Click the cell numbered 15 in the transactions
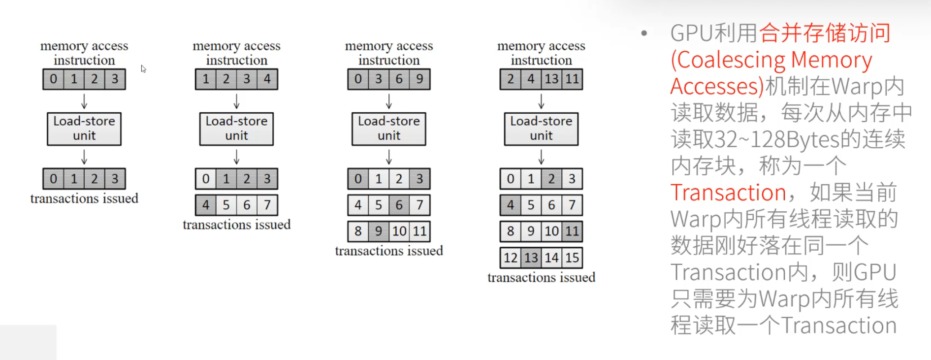pos(572,258)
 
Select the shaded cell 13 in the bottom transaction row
pos(531,258)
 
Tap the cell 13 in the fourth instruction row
pos(551,79)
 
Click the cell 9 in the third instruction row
pos(419,79)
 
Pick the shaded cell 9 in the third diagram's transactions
pos(379,231)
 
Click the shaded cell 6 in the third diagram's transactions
pos(399,205)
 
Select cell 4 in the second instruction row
pos(267,79)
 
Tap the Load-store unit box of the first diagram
pos(84,129)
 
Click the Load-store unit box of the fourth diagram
pos(541,129)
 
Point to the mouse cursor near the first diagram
pos(143,69)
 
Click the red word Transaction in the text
pos(728,192)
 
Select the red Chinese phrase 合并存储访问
pos(825,33)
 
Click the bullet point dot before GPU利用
pos(644,33)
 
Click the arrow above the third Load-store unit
pos(389,101)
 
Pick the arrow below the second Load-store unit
pos(236,157)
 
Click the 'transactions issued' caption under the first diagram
pos(84,198)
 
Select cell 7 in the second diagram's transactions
pos(267,205)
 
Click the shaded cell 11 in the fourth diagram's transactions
pos(572,231)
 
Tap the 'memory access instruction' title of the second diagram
pos(236,53)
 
